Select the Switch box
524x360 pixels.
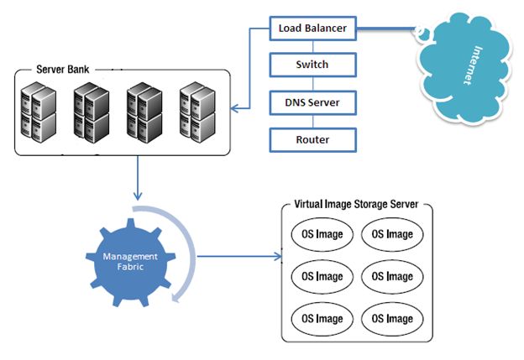pyautogui.click(x=312, y=64)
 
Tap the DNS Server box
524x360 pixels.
pyautogui.click(x=312, y=102)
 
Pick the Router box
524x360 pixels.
pyautogui.click(x=312, y=139)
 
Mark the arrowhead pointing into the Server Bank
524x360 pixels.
pyautogui.click(x=235, y=107)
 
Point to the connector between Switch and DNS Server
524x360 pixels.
pyautogui.click(x=312, y=83)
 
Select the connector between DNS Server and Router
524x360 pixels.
pyautogui.click(x=312, y=121)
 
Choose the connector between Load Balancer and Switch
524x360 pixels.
pyautogui.click(x=312, y=46)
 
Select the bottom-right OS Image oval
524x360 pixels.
pyautogui.click(x=392, y=318)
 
